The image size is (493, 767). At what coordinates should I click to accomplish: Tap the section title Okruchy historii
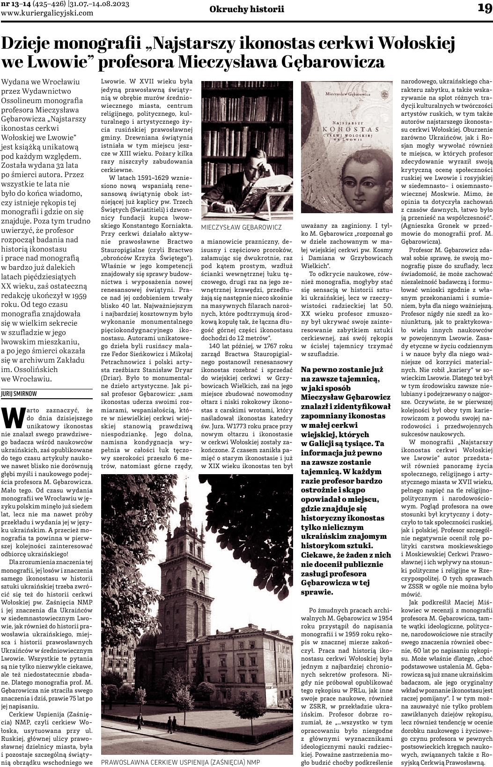[247, 9]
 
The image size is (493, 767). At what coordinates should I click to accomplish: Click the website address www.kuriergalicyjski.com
[47, 13]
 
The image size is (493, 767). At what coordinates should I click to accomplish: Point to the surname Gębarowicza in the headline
[336, 62]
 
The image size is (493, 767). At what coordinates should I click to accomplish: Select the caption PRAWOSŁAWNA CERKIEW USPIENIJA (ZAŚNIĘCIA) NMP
[180, 762]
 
